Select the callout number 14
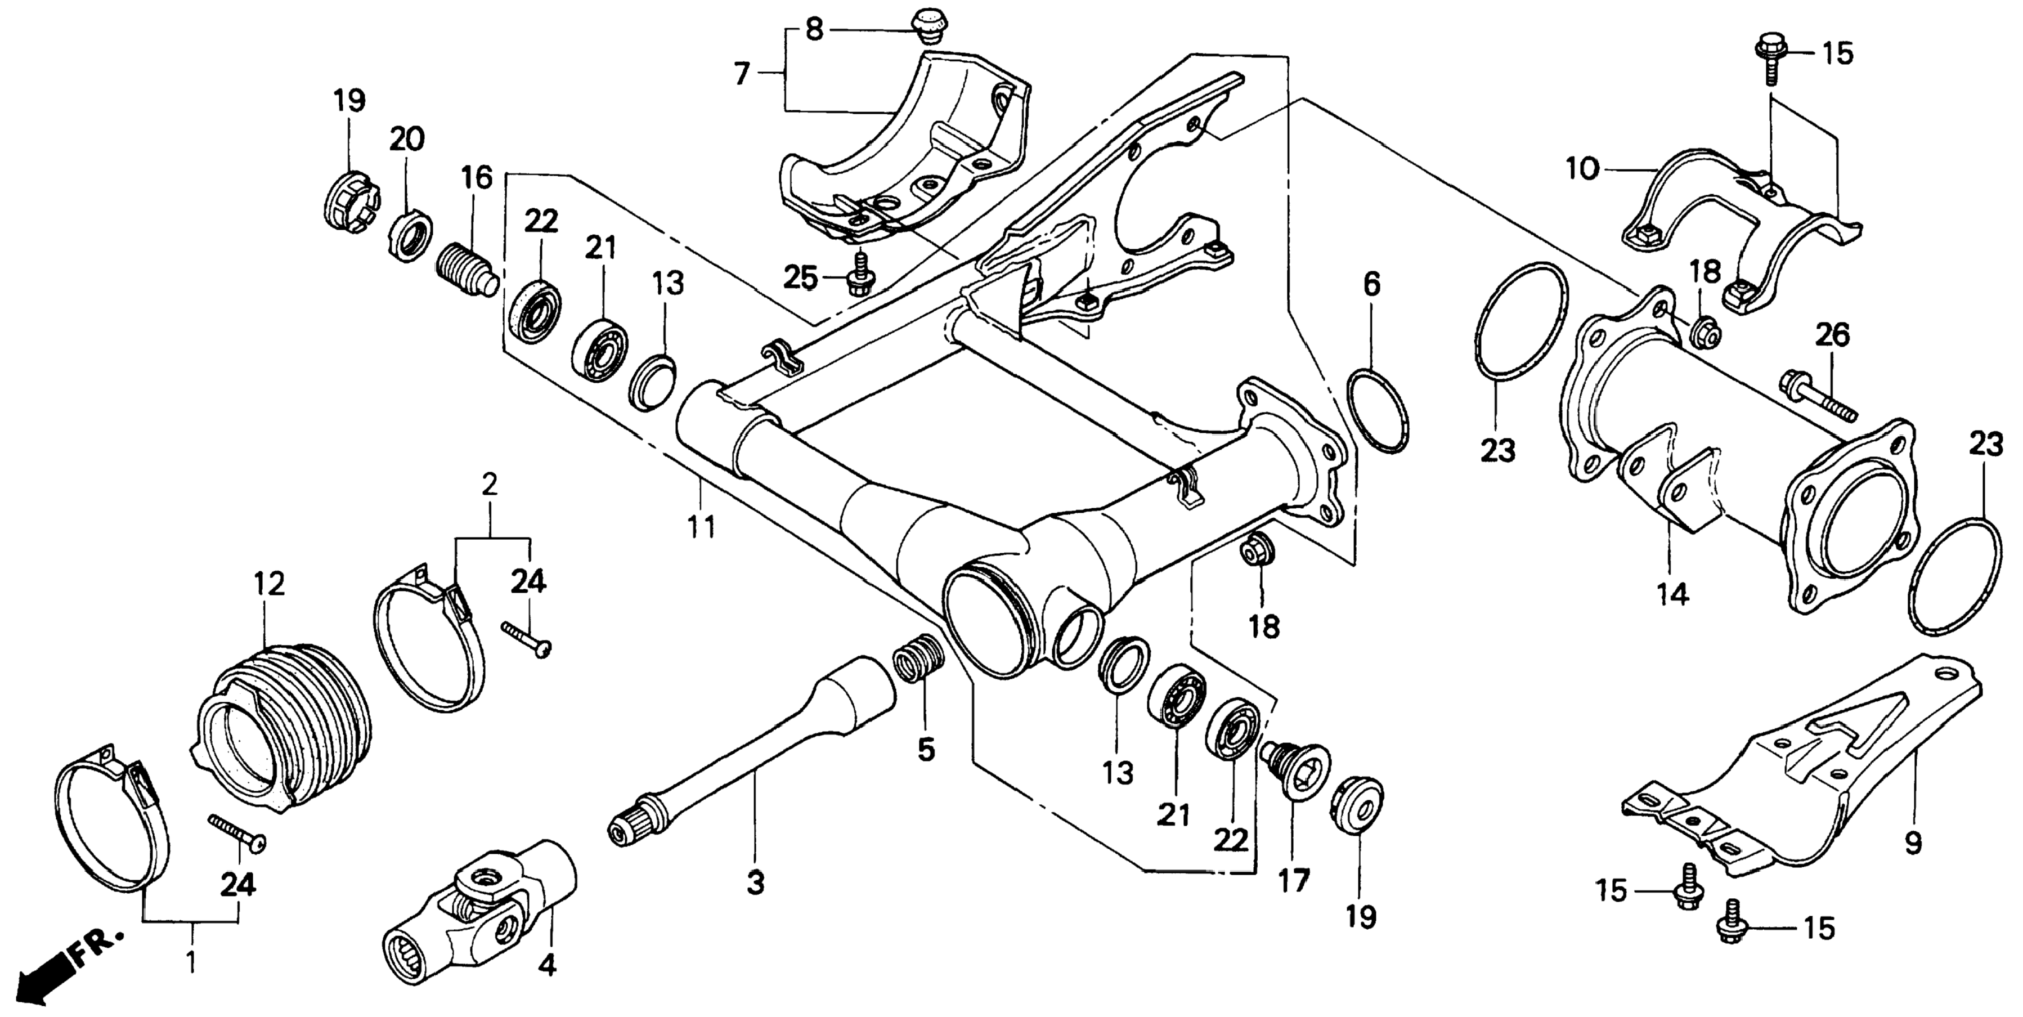(1674, 596)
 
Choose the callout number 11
(701, 526)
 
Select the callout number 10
(1582, 168)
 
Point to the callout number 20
(407, 139)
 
